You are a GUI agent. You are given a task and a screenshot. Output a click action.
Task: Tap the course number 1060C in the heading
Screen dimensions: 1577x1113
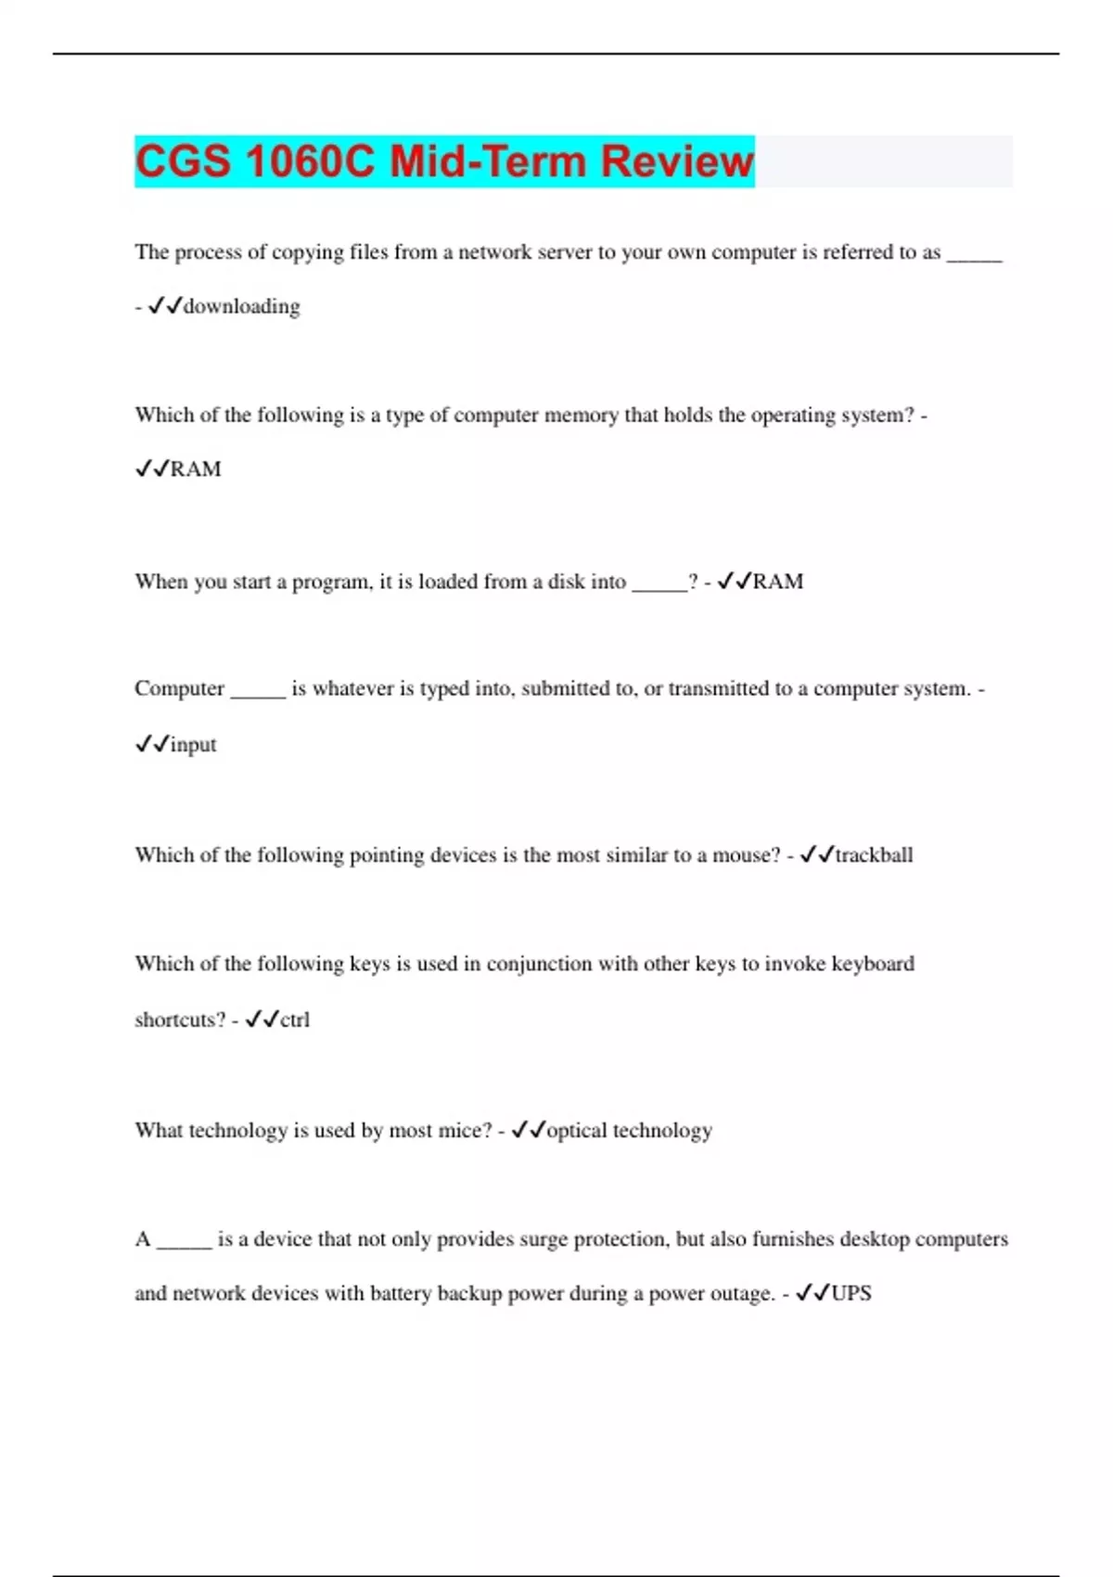pyautogui.click(x=310, y=161)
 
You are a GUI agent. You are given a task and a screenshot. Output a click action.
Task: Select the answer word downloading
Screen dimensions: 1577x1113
pyautogui.click(x=241, y=306)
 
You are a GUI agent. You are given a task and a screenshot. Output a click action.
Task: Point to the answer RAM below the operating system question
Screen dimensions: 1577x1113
pyautogui.click(x=196, y=469)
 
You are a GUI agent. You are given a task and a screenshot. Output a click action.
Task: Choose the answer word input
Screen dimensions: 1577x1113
pyautogui.click(x=193, y=744)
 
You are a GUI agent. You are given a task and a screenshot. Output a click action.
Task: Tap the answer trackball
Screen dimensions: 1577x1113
pyautogui.click(x=874, y=854)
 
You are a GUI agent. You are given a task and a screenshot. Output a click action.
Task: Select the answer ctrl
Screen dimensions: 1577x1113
pyautogui.click(x=295, y=1019)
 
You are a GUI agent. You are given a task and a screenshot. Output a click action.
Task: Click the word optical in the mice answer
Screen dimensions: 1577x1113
pyautogui.click(x=577, y=1130)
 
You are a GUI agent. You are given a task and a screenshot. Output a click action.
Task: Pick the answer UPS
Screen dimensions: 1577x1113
pyautogui.click(x=851, y=1293)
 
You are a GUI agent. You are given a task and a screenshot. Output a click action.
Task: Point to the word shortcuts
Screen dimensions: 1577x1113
pyautogui.click(x=180, y=1019)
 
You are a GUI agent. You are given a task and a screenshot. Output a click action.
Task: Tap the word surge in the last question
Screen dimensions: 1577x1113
pyautogui.click(x=543, y=1239)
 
